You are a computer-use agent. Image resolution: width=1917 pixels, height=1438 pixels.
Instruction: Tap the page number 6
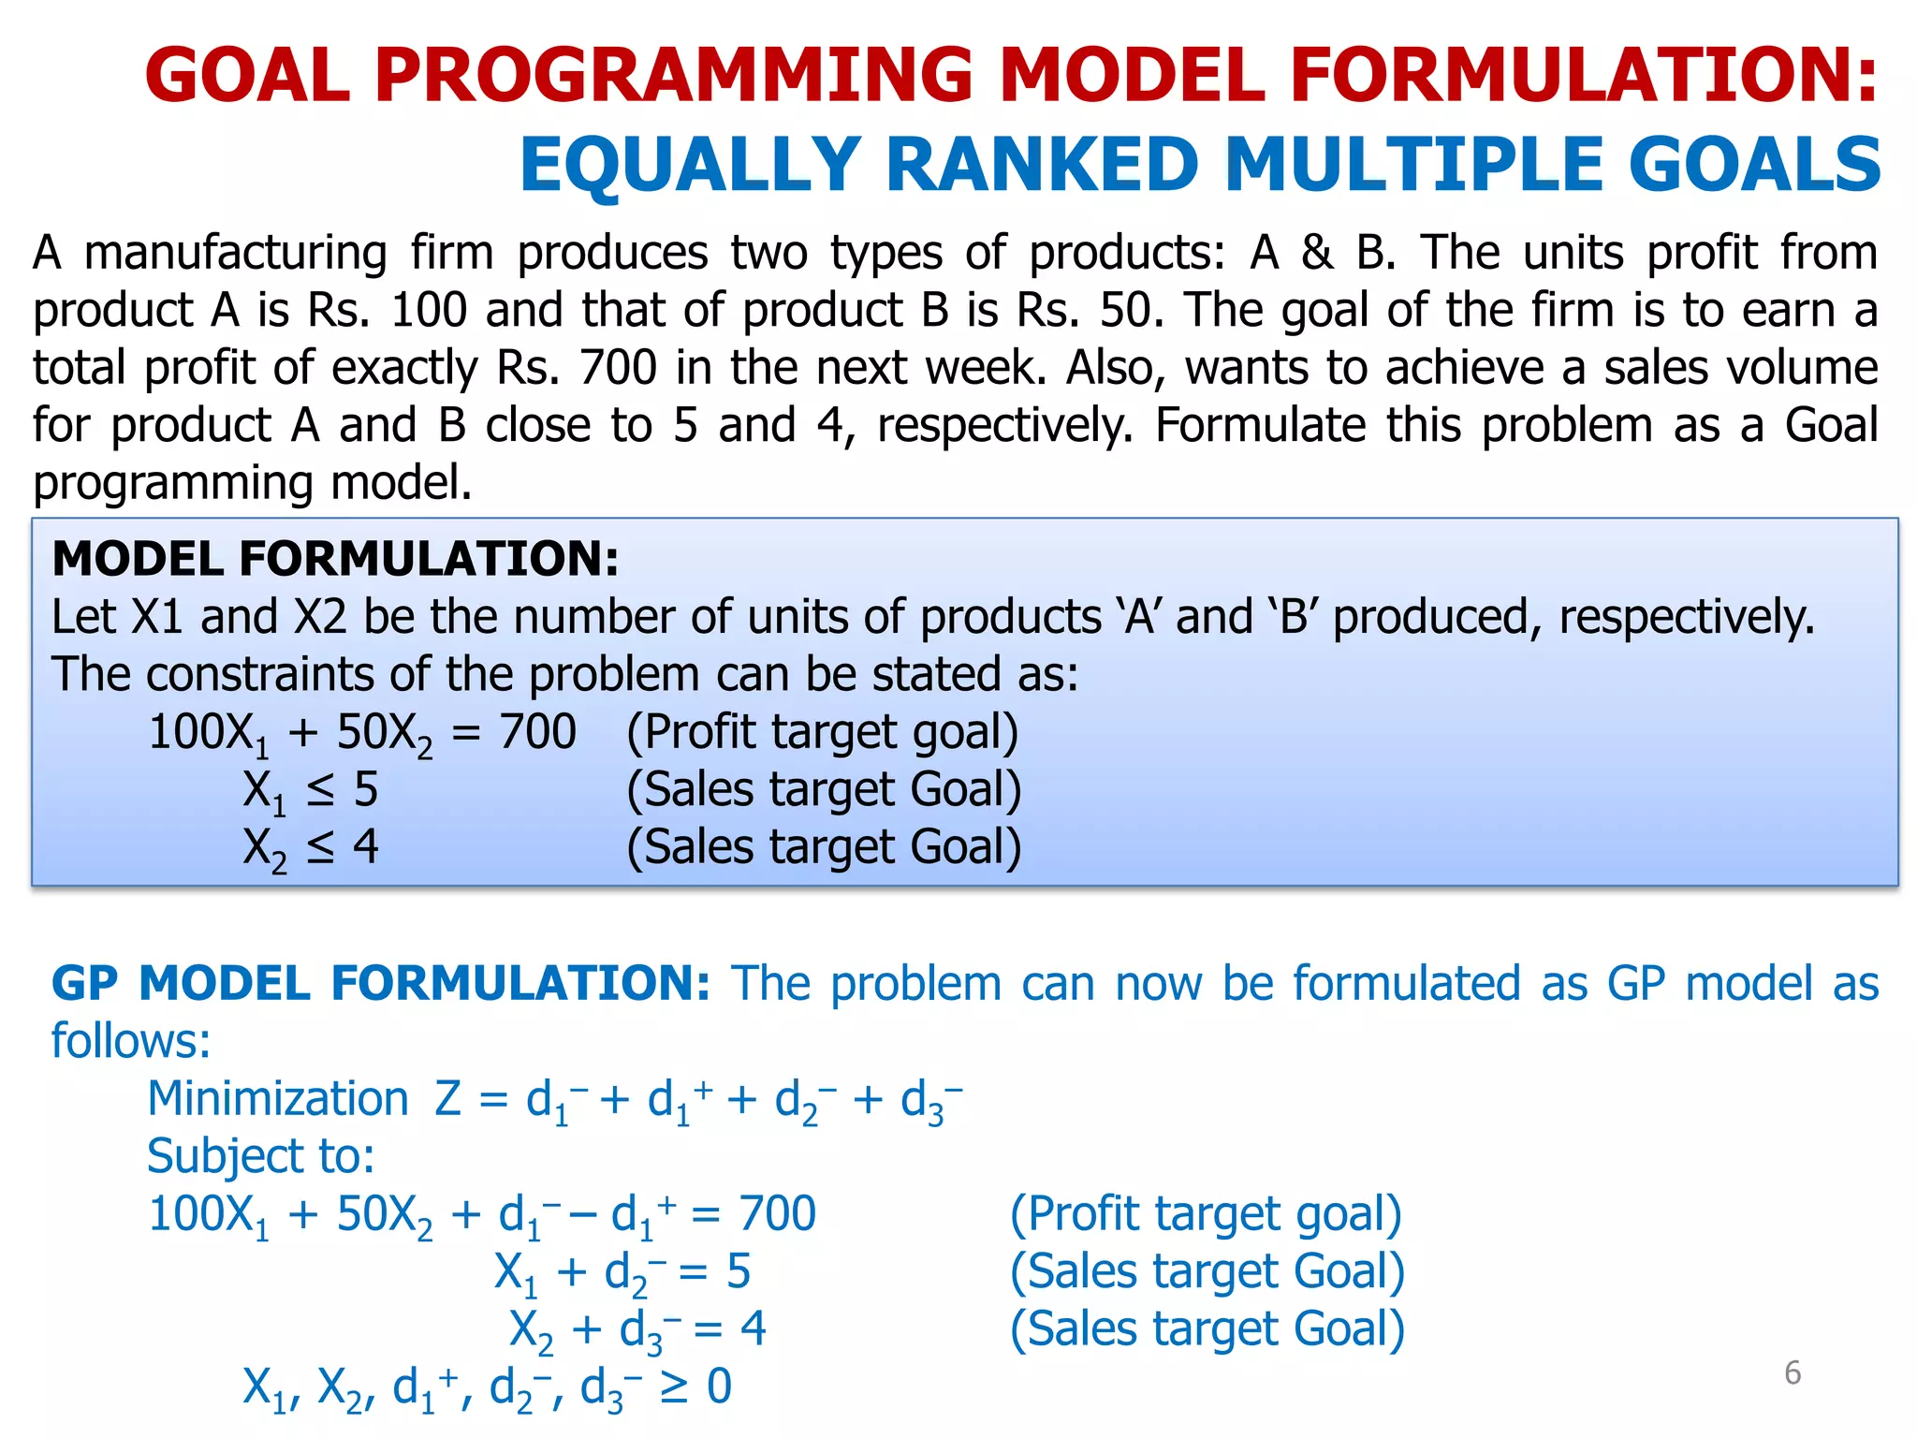tap(1792, 1372)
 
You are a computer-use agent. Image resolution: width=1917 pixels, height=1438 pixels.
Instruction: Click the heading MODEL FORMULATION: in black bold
tap(335, 559)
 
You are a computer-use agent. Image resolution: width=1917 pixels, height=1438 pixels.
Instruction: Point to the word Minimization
tap(278, 1098)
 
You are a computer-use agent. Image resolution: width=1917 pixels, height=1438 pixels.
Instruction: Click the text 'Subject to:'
tap(261, 1156)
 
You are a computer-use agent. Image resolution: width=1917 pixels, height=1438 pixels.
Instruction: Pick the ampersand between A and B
tap(1317, 253)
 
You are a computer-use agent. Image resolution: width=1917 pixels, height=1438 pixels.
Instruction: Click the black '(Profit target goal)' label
tap(822, 732)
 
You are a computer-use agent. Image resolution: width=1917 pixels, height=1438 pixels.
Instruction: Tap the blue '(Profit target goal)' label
tap(1206, 1214)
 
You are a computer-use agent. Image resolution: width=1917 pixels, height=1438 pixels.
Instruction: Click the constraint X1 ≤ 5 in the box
tap(311, 791)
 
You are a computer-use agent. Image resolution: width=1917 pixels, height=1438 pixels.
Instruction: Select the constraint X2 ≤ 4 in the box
tap(311, 848)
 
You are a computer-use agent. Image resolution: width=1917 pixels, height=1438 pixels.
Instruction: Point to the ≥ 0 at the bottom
tap(695, 1387)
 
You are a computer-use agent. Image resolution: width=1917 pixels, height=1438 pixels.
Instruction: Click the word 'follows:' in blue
tap(131, 1041)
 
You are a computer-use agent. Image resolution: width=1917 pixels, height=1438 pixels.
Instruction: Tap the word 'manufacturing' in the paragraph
tap(236, 253)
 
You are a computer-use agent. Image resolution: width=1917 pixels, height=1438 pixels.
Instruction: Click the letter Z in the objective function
tap(447, 1098)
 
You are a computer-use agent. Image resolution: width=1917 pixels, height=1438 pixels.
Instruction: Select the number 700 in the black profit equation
tap(537, 732)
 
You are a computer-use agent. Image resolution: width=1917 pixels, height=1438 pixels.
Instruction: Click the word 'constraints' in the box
tap(281, 675)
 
